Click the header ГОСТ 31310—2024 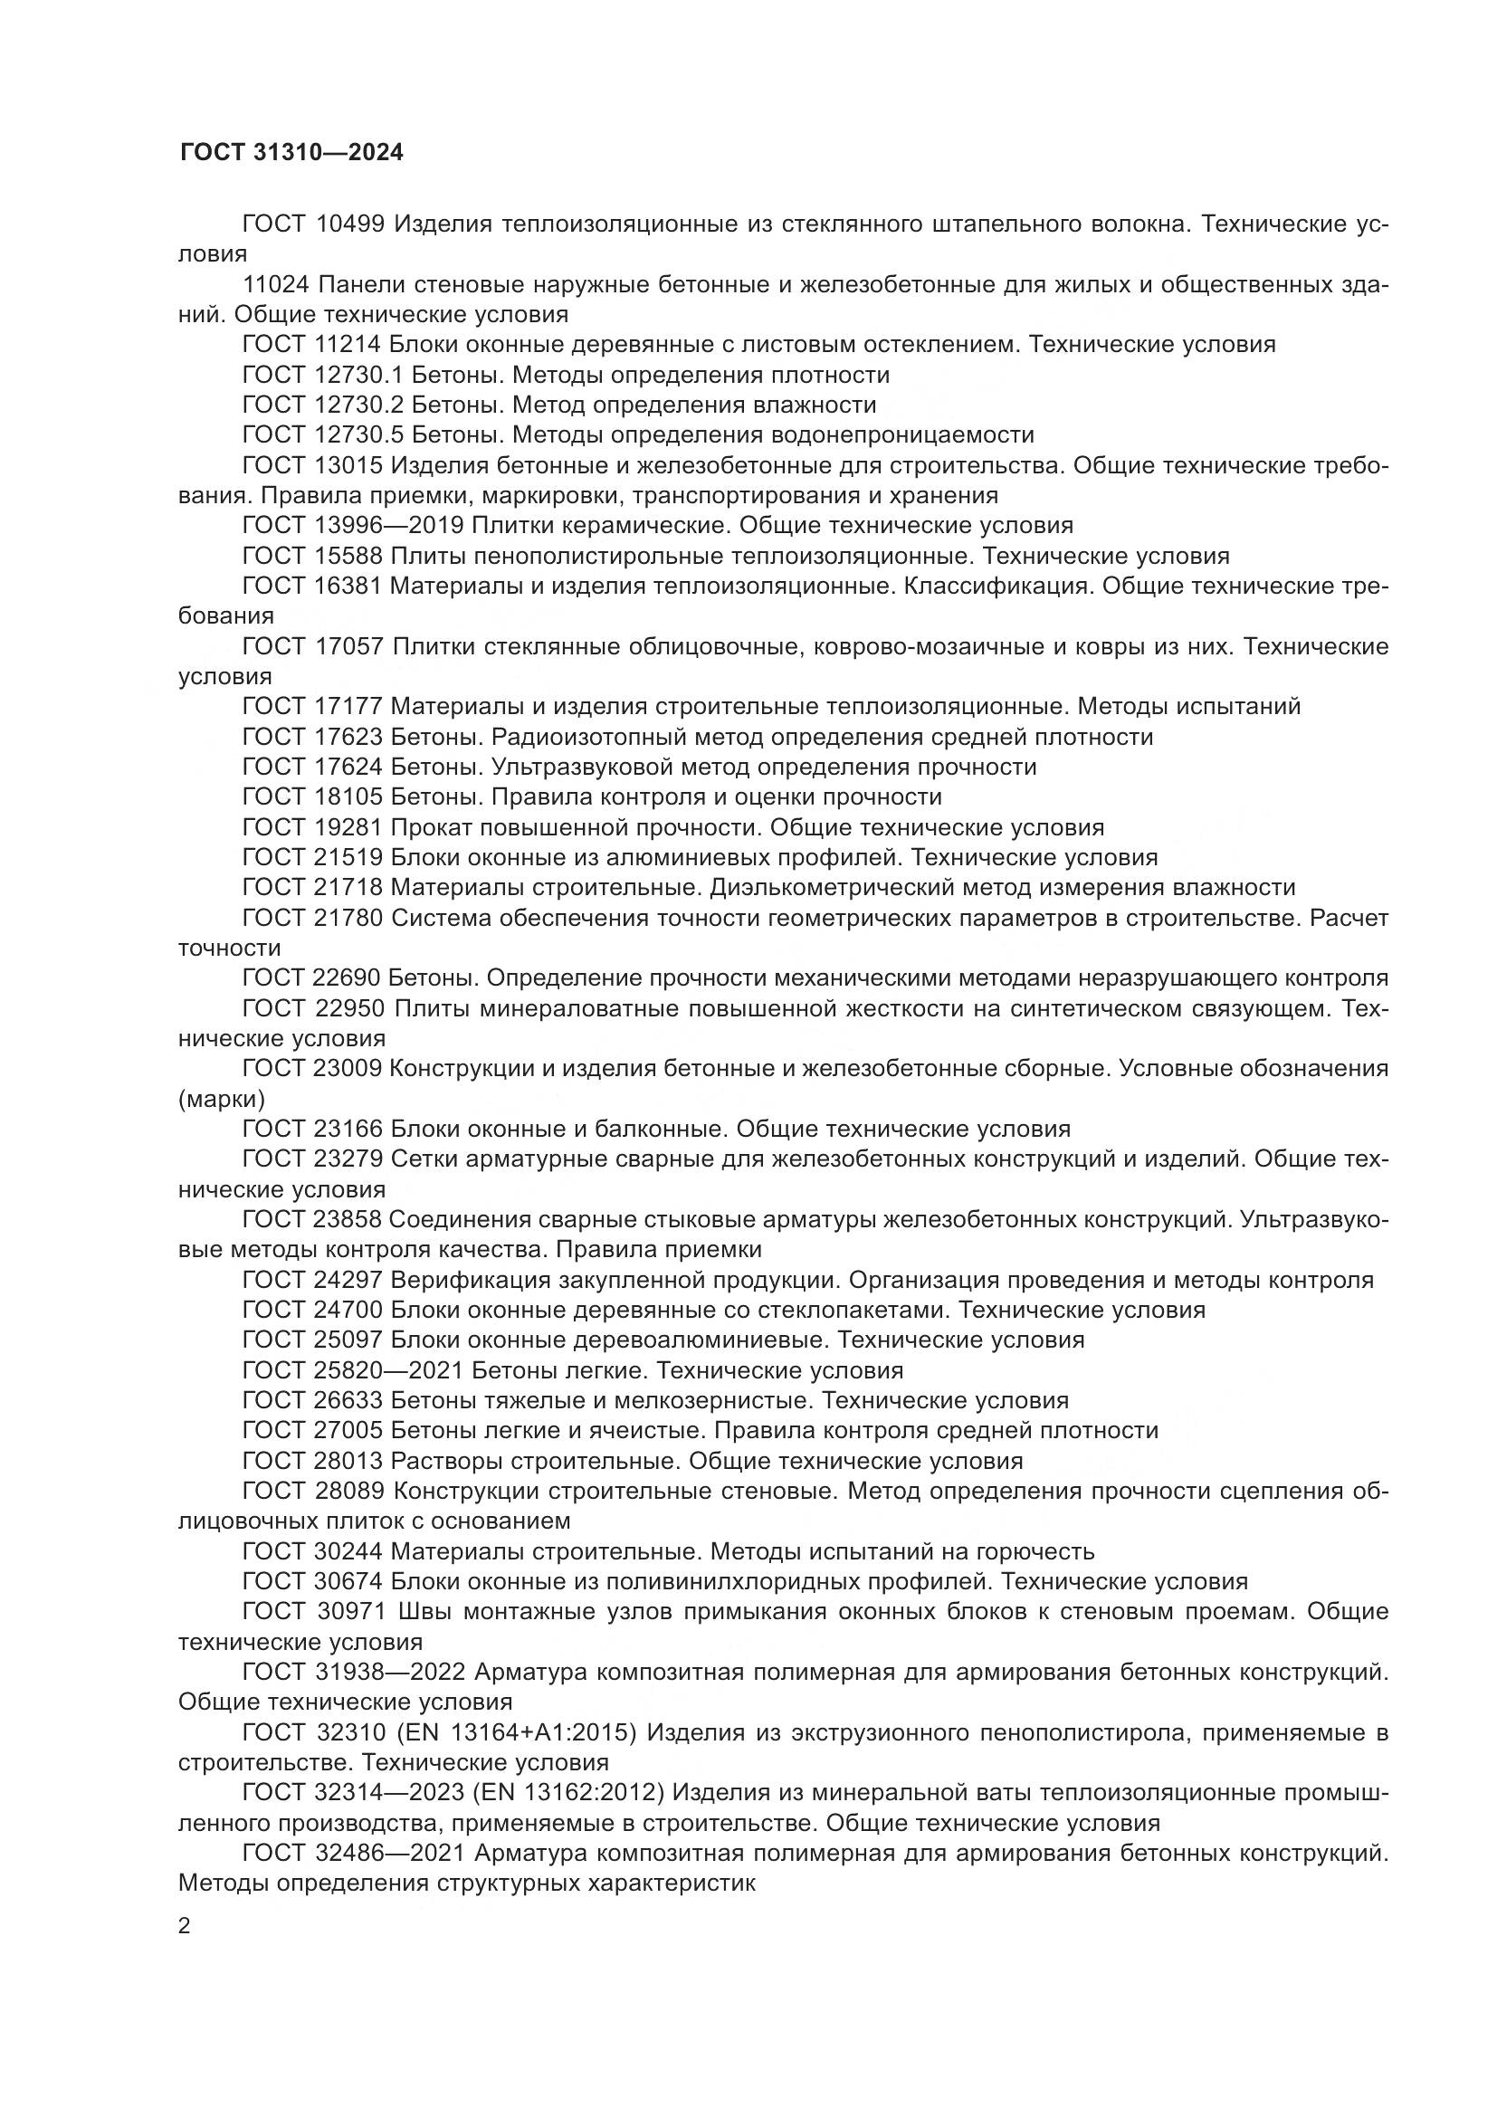[291, 152]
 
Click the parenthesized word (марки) [221, 1099]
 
